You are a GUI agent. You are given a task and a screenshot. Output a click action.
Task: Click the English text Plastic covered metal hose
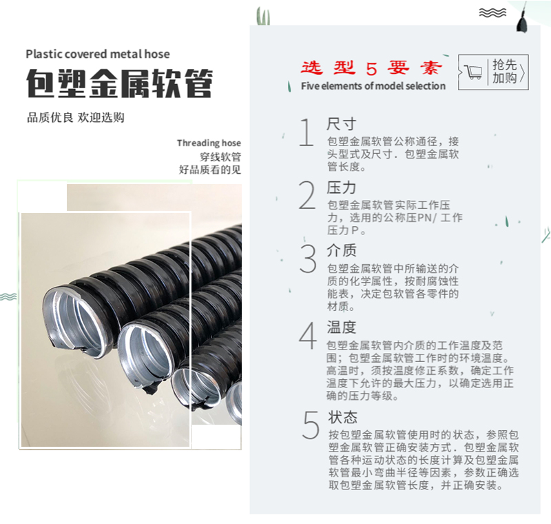click(98, 54)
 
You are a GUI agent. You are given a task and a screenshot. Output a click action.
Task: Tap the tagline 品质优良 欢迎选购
click(76, 117)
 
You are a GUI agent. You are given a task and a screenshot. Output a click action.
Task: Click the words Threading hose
click(209, 143)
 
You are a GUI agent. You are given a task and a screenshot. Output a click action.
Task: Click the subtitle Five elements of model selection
click(373, 86)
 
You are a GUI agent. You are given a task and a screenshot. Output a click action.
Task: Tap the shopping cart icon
click(473, 72)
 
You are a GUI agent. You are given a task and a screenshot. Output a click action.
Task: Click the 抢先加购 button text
click(504, 72)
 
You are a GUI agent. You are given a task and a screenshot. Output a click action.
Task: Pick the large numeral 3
click(308, 258)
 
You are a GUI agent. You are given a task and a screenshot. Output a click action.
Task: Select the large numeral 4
click(308, 336)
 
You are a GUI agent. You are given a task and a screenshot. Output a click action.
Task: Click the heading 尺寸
click(342, 124)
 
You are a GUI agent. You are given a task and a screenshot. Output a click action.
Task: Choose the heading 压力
click(342, 188)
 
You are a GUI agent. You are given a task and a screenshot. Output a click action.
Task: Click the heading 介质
click(342, 250)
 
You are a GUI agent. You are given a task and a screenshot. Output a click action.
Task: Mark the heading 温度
click(342, 327)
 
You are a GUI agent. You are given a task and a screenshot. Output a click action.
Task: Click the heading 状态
click(342, 417)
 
